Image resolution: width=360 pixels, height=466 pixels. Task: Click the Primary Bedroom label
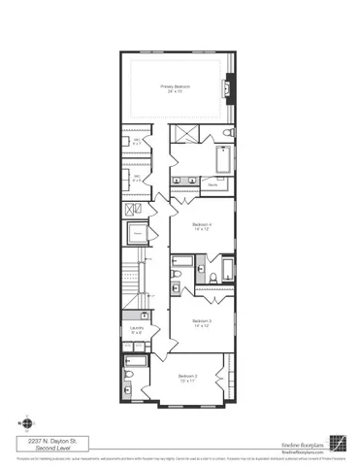tap(175, 86)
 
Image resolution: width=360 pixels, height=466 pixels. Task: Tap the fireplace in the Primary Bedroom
tap(228, 88)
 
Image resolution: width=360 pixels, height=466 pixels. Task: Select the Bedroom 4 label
tap(202, 224)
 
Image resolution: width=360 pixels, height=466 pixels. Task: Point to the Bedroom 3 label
tap(202, 320)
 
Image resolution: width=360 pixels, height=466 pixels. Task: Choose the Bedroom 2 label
tap(188, 376)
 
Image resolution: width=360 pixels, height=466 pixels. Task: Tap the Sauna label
tap(213, 182)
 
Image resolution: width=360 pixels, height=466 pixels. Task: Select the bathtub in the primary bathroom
tap(223, 158)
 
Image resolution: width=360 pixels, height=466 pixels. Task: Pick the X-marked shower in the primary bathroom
tap(182, 133)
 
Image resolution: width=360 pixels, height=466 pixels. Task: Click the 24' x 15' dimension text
tap(175, 92)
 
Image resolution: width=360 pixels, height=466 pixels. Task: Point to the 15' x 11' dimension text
tap(188, 382)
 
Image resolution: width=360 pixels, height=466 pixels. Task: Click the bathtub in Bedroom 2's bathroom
tap(137, 361)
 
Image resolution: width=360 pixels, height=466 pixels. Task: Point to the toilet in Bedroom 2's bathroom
tap(129, 378)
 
